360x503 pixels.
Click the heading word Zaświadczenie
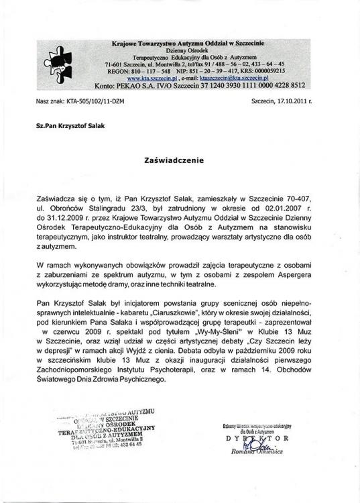coord(179,161)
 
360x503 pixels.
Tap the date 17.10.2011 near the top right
coord(290,101)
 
